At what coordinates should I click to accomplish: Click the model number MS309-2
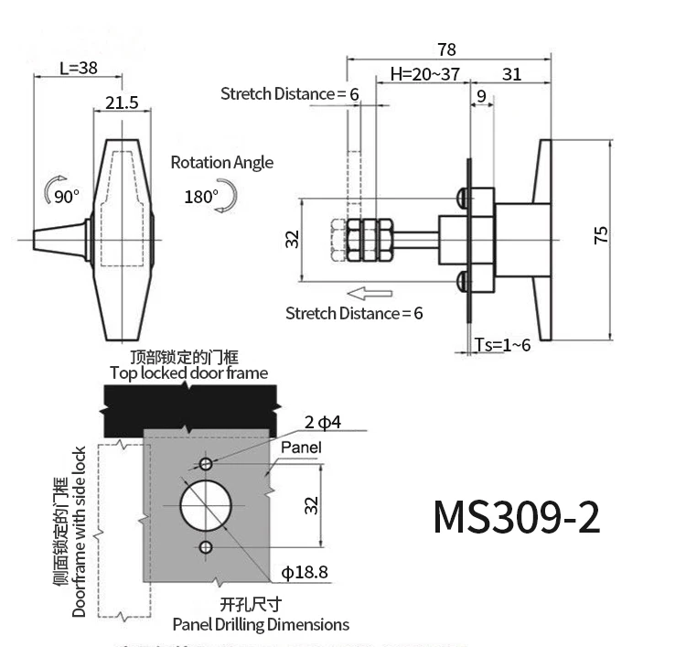(x=517, y=516)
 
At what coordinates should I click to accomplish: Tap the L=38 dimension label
(x=79, y=68)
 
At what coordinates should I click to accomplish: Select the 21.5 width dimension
(x=122, y=102)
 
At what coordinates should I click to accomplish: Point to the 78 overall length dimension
(x=446, y=49)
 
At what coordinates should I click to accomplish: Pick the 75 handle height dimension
(x=601, y=236)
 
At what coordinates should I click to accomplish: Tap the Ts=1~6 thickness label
(x=503, y=344)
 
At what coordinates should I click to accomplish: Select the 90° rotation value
(x=67, y=196)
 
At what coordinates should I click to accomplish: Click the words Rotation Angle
(x=221, y=163)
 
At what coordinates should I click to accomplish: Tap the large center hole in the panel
(x=205, y=503)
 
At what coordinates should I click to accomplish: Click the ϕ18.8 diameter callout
(x=305, y=573)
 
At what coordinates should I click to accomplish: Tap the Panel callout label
(x=301, y=448)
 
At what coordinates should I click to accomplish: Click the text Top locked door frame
(x=189, y=372)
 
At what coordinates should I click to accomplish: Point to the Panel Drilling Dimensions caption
(x=261, y=625)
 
